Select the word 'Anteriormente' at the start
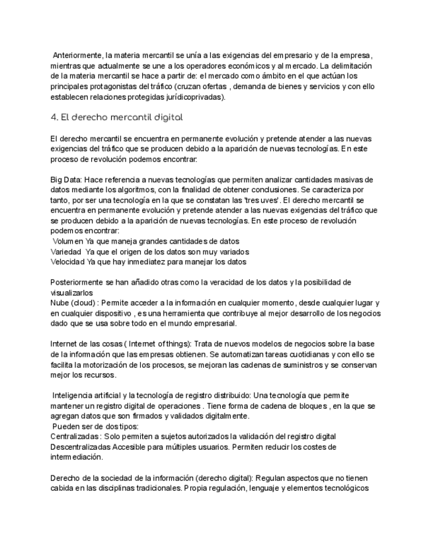pos(77,55)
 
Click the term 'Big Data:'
pos(66,180)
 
